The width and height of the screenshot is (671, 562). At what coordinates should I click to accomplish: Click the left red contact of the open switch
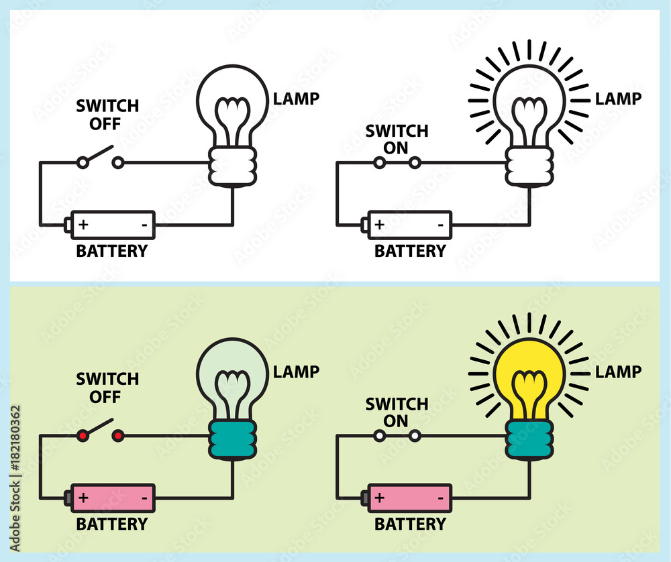pyautogui.click(x=83, y=436)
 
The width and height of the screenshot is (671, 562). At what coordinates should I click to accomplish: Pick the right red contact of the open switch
pyautogui.click(x=117, y=436)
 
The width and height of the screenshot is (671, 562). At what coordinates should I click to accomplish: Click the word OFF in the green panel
pyautogui.click(x=98, y=397)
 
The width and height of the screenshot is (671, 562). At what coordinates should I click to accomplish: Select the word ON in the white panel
pyautogui.click(x=397, y=148)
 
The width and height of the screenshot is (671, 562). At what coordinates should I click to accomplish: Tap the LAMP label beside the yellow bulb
pyautogui.click(x=618, y=372)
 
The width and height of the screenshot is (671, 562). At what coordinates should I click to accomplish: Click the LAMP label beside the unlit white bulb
pyautogui.click(x=296, y=99)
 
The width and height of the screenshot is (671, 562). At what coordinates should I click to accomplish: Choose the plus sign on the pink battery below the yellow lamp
pyautogui.click(x=379, y=498)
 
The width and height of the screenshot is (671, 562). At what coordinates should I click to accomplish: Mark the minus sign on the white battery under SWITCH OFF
pyautogui.click(x=144, y=225)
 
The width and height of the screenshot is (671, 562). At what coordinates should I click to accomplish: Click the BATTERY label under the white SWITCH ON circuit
pyautogui.click(x=409, y=251)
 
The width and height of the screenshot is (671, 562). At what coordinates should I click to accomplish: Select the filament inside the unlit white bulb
pyautogui.click(x=231, y=121)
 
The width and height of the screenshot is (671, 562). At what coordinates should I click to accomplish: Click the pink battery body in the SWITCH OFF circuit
pyautogui.click(x=113, y=498)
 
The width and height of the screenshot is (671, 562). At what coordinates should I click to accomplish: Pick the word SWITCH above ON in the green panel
pyautogui.click(x=397, y=404)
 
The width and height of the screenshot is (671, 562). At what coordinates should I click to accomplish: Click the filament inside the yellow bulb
pyautogui.click(x=529, y=392)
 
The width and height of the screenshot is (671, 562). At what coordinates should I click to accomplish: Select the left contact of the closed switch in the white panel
pyautogui.click(x=379, y=162)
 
